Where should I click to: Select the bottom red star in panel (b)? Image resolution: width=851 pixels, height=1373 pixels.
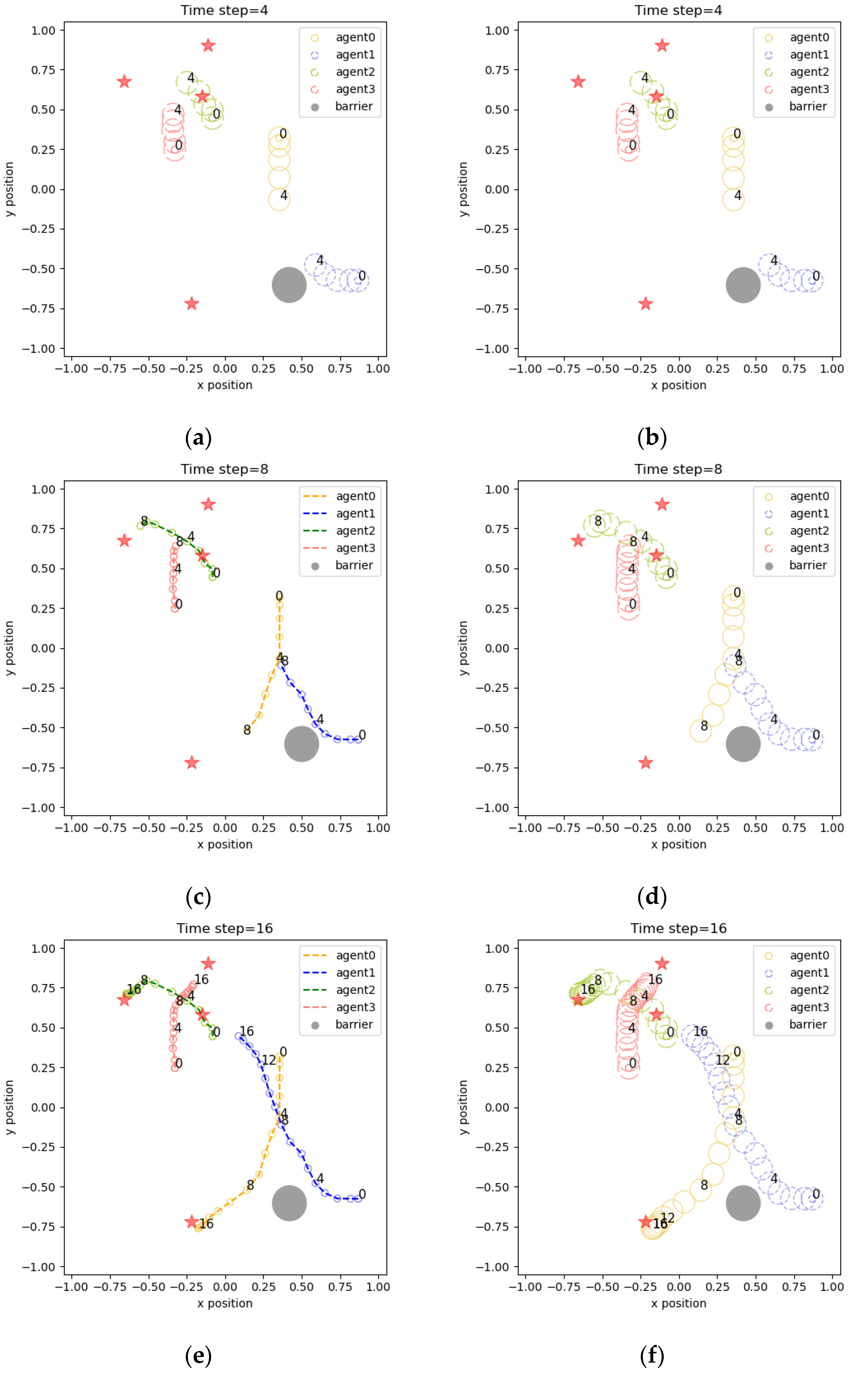645,304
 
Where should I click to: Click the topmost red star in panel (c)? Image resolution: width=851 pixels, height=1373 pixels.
208,504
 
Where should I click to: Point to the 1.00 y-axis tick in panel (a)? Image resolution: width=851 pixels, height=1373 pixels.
43,30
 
